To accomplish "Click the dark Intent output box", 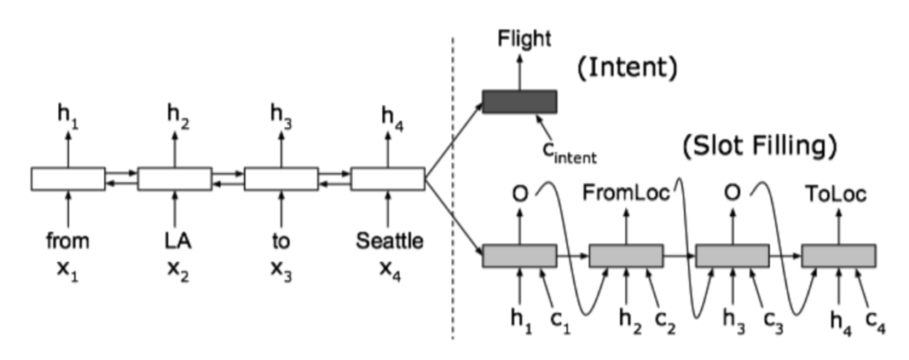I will (x=519, y=102).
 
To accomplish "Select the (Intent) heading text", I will (x=627, y=68).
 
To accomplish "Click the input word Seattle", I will (x=389, y=241).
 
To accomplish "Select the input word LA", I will (x=176, y=241).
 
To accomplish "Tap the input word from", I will (x=67, y=241).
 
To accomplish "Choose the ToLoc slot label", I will (x=836, y=195).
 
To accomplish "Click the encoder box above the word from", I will (x=68, y=179).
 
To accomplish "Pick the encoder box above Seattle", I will (x=388, y=179).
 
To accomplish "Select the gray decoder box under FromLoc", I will (x=626, y=255).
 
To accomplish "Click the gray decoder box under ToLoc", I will (x=838, y=255).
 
